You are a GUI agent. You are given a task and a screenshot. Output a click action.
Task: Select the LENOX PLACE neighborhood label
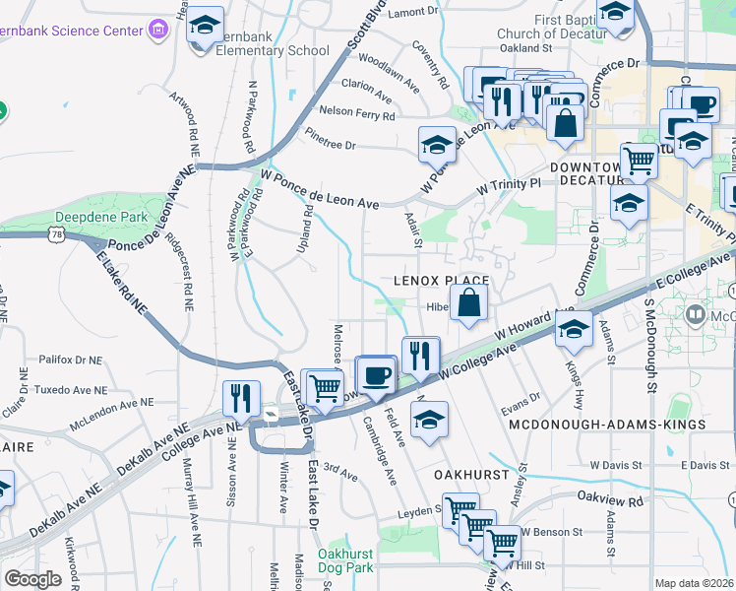(442, 281)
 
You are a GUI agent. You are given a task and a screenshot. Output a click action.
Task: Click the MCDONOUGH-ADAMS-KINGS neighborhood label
(607, 424)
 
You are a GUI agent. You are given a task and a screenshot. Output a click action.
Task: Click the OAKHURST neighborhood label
(472, 474)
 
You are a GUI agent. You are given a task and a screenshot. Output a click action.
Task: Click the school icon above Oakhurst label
(429, 420)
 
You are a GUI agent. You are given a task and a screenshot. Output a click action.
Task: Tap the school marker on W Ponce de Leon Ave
(437, 146)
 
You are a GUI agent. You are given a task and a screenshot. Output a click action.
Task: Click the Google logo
(32, 579)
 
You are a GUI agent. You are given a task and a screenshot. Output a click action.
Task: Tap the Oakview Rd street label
(610, 499)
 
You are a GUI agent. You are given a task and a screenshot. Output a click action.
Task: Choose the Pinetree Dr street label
(330, 139)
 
